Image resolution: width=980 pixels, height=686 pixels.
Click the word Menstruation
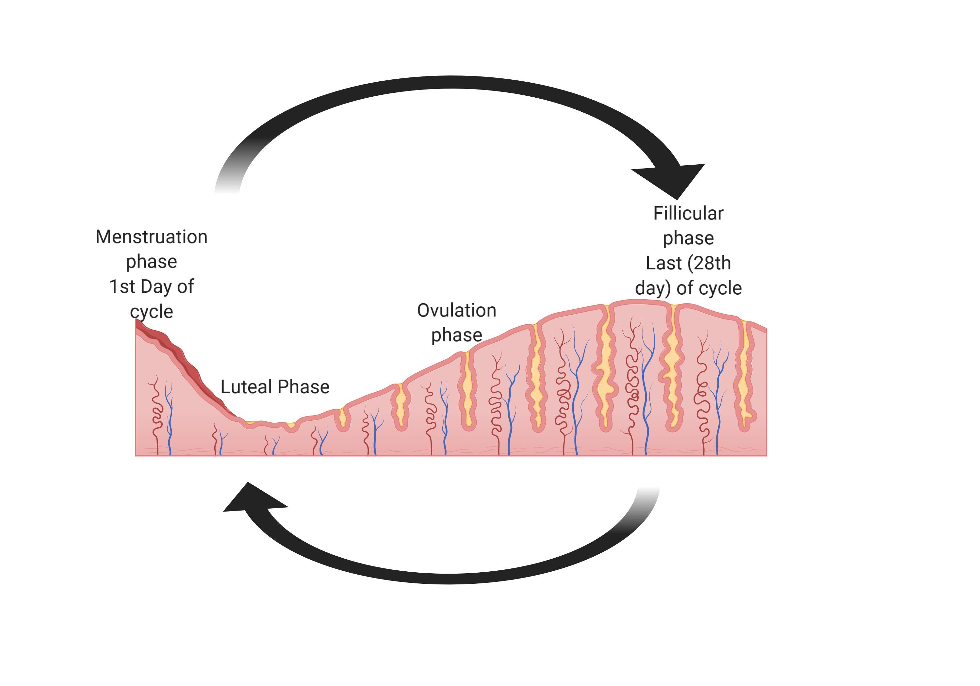(x=151, y=237)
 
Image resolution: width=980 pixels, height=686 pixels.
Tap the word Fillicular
(x=688, y=213)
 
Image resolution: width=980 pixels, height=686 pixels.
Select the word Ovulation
(x=456, y=310)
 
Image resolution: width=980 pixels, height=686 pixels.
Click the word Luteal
(x=246, y=387)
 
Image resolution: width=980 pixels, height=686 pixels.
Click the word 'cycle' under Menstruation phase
(x=152, y=312)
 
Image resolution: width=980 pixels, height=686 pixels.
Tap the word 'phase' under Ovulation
(x=456, y=335)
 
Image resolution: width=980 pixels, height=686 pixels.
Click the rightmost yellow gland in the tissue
(x=744, y=376)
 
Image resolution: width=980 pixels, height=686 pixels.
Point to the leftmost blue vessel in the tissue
(x=170, y=418)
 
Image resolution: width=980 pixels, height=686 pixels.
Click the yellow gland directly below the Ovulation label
(x=468, y=388)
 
